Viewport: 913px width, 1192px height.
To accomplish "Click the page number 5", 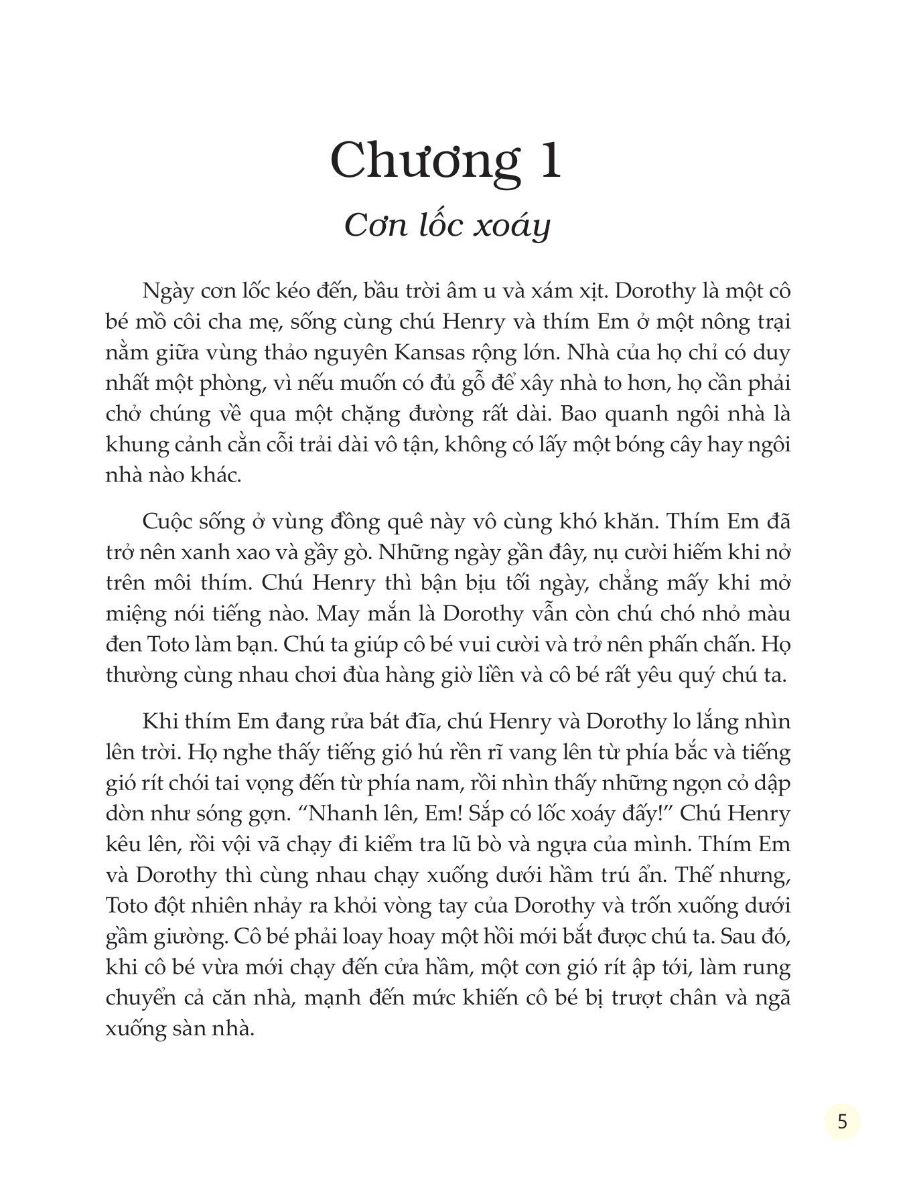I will point(842,1121).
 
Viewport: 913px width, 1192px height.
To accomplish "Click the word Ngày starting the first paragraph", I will point(166,292).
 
